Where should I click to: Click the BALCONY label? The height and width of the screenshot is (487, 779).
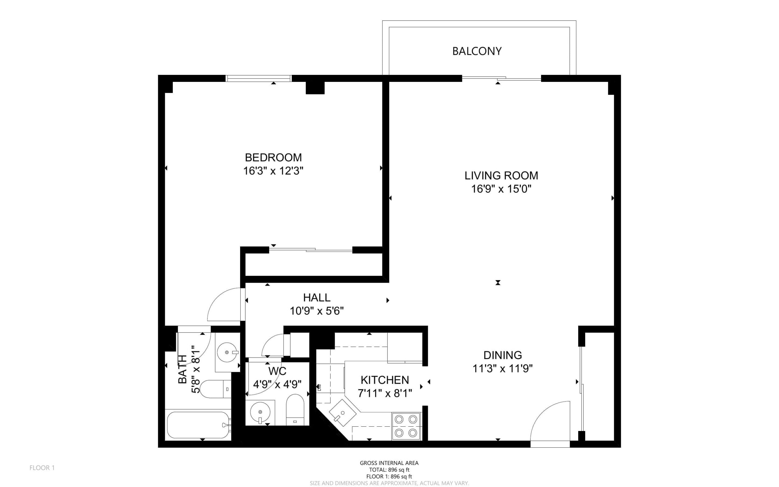coord(477,51)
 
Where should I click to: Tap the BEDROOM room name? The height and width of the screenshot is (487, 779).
coord(274,157)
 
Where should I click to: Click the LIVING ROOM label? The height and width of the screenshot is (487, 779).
coord(501,175)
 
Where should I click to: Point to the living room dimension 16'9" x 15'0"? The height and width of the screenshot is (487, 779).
coord(501,189)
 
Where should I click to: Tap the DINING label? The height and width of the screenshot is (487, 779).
coord(503,355)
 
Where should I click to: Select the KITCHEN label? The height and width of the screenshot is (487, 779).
coord(385,380)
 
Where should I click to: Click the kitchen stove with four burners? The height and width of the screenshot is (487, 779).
coord(406,426)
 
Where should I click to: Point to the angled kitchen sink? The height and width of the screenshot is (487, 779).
coord(343,413)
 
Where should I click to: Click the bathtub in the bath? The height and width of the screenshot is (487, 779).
coord(198,425)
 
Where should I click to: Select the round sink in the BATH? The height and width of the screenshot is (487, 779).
coord(228,352)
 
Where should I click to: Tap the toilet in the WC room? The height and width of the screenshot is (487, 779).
coord(295,410)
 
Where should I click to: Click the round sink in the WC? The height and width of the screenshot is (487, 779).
coord(260,412)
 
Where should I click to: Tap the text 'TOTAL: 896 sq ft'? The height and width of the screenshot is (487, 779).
coord(389,470)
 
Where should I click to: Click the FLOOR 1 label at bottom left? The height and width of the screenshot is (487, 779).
coord(42,468)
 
